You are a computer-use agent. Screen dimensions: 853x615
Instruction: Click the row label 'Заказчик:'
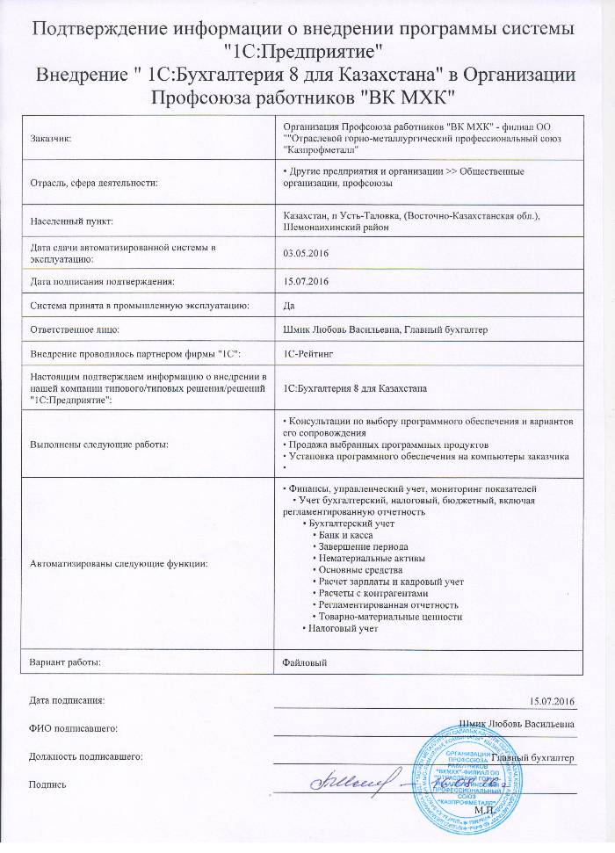click(52, 138)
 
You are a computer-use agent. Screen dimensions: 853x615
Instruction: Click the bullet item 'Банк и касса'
click(346, 535)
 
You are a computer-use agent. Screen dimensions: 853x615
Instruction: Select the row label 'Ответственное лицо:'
click(75, 329)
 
